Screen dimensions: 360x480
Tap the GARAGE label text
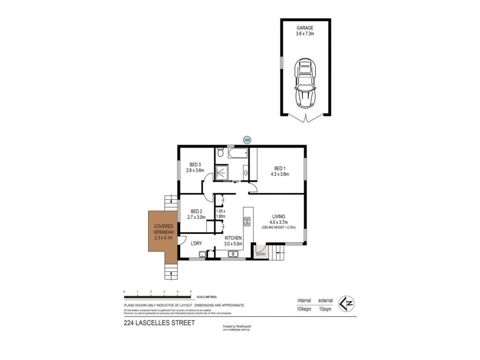pos(305,28)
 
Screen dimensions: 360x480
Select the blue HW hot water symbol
pos(247,140)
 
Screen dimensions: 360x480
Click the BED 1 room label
pos(280,168)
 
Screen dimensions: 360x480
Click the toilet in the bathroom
pos(221,154)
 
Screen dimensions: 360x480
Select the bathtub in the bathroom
pos(238,155)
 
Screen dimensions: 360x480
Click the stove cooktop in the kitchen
pos(247,220)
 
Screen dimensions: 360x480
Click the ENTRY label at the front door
pos(261,254)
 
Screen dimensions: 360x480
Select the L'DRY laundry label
pos(197,244)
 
